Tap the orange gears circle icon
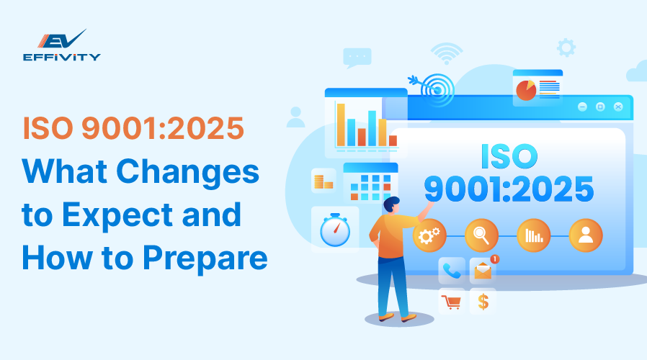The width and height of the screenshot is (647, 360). (429, 235)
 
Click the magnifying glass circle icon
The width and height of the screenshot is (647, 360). (481, 235)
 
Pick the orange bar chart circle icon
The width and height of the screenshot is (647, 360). (534, 235)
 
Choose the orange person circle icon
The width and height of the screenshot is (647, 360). (586, 235)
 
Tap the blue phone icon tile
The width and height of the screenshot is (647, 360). (452, 270)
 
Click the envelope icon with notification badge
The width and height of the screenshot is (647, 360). (482, 270)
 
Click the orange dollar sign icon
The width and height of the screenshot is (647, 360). (483, 301)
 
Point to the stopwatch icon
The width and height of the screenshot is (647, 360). (334, 230)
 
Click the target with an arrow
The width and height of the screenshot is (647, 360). (432, 86)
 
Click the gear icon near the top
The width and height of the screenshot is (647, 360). (566, 48)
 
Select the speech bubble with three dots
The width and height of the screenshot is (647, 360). (357, 56)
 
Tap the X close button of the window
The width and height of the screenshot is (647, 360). (617, 107)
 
